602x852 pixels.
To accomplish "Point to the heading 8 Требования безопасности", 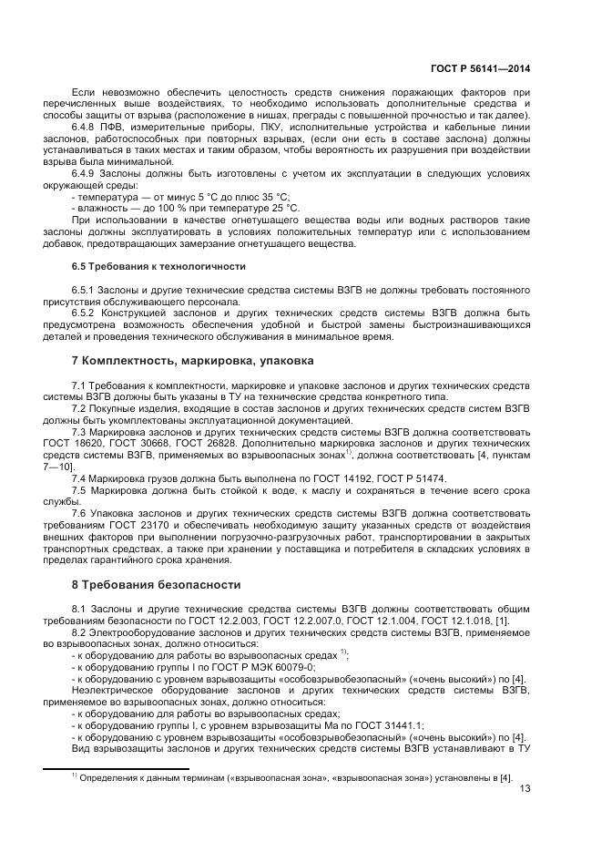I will click(156, 584).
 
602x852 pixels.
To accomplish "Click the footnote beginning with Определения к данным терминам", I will click(291, 776).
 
